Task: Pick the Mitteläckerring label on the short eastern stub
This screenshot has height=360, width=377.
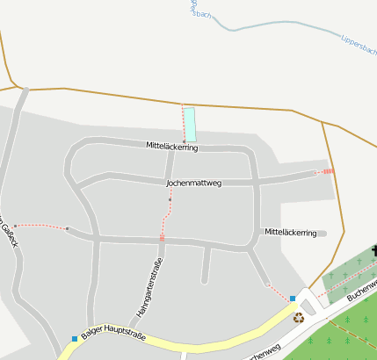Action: [290, 233]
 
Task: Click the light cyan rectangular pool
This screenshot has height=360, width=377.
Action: [190, 125]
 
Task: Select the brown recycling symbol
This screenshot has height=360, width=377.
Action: [298, 318]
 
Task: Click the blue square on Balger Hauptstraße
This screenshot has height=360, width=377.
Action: [74, 339]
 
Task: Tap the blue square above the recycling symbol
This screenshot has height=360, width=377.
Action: [292, 299]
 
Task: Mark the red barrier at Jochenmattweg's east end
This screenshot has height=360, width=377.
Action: [328, 171]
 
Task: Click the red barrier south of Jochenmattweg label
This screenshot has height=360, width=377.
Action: [162, 237]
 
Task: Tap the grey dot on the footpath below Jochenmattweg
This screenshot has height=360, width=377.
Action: [170, 200]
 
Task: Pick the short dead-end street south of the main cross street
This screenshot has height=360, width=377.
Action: [206, 264]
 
